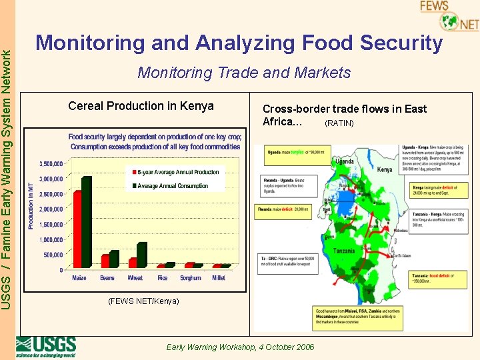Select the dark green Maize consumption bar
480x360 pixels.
(x=87, y=223)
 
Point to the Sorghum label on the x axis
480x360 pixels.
(x=190, y=278)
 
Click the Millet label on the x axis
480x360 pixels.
(x=219, y=278)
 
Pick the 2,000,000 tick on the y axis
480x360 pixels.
(x=51, y=209)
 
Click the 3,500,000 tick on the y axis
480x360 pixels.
(x=51, y=163)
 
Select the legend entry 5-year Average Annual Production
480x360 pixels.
(x=177, y=172)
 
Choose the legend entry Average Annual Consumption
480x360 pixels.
(x=171, y=186)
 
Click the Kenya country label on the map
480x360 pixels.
(x=385, y=170)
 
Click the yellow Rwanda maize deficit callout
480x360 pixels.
(x=284, y=209)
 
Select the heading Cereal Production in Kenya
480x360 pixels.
(x=141, y=106)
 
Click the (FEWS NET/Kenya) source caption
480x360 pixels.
(x=143, y=301)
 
